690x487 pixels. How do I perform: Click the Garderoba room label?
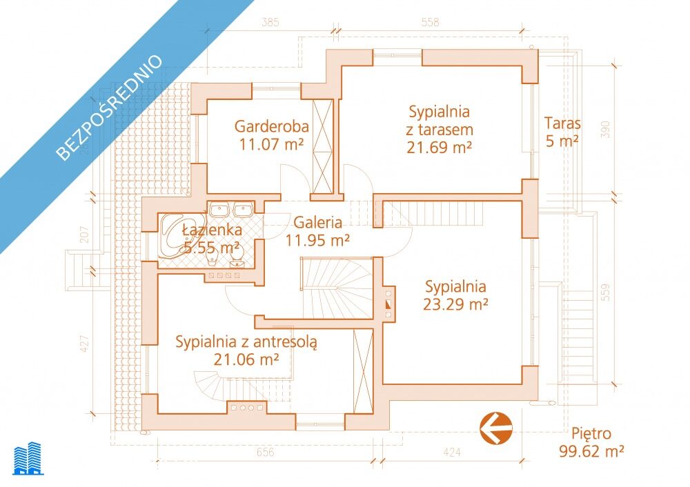pos(271,126)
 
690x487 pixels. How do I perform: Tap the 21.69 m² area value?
pos(439,148)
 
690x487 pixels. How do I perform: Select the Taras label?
pos(562,123)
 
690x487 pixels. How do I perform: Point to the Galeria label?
pos(317,222)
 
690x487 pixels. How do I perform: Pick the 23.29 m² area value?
pos(455,304)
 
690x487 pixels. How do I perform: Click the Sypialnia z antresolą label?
pos(246,342)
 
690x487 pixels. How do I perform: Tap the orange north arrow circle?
pos(496,428)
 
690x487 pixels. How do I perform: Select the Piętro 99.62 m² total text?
pos(591,442)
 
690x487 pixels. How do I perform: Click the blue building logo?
pos(28,459)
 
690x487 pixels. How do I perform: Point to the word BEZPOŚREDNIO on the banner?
pos(110,107)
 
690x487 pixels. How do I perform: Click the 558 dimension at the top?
pos(430,22)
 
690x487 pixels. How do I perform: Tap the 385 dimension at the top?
pos(270,22)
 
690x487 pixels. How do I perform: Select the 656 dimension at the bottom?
pos(265,453)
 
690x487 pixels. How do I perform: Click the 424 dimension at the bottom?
pos(453,453)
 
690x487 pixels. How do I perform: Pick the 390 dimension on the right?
pos(606,130)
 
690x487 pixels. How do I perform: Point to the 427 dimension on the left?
pos(85,344)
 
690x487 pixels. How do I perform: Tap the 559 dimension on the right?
pos(606,292)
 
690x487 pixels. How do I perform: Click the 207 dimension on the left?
pos(85,235)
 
